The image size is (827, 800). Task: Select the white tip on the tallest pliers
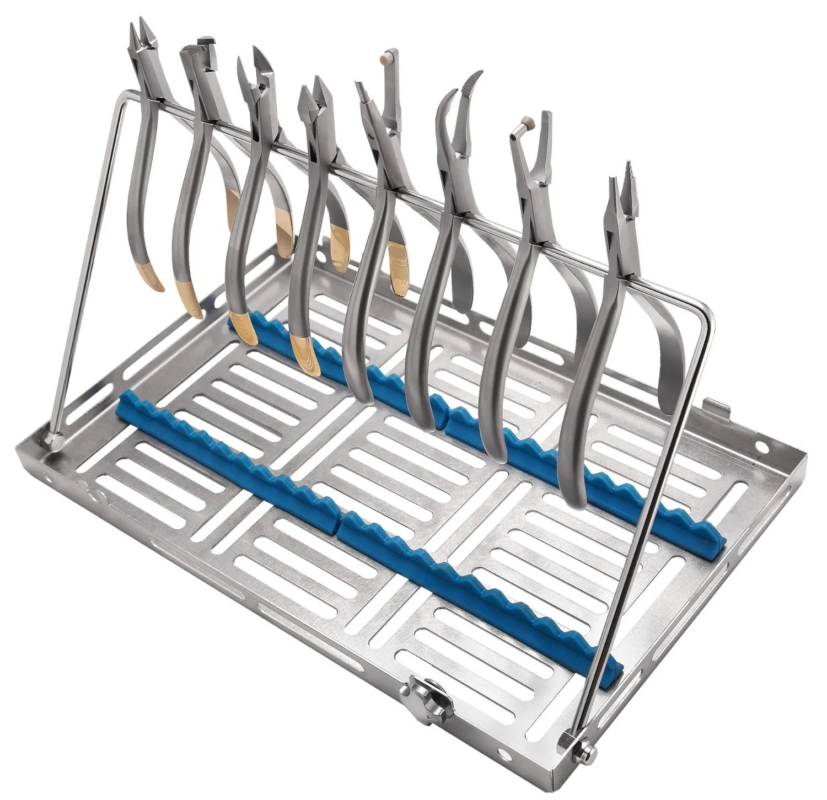click(x=386, y=57)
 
